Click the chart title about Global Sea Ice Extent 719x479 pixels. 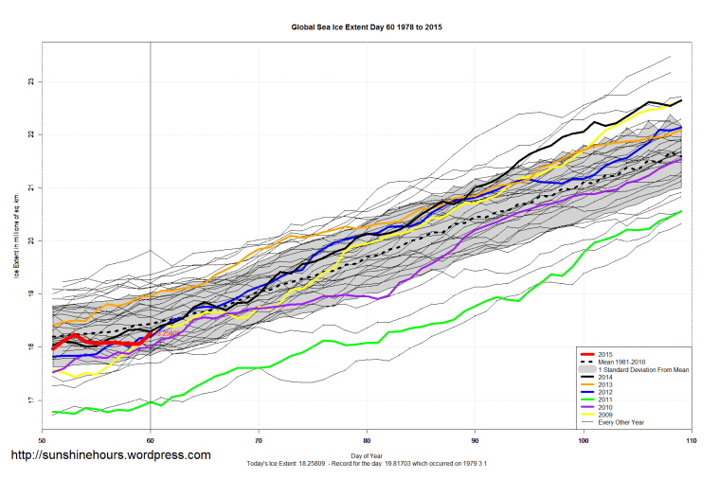click(366, 27)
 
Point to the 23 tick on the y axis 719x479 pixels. click(30, 81)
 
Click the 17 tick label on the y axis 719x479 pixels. click(30, 400)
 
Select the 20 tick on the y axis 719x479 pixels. click(30, 241)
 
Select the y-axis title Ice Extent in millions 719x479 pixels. click(16, 241)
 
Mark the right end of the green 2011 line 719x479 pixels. click(681, 212)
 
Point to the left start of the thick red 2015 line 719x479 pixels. click(53, 348)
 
